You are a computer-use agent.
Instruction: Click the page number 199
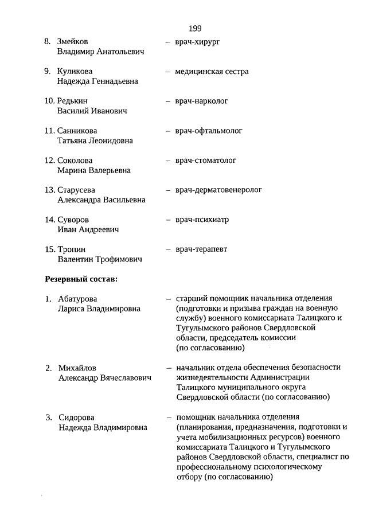(x=194, y=28)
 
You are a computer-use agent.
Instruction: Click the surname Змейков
(x=73, y=42)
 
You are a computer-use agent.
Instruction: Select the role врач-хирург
(x=198, y=42)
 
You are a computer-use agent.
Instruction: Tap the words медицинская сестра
(x=212, y=72)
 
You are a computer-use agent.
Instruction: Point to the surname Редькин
(x=73, y=101)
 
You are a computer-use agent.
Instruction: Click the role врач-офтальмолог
(x=209, y=131)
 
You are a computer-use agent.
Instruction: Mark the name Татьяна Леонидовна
(x=95, y=141)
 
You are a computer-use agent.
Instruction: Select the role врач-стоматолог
(x=206, y=161)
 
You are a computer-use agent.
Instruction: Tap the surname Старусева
(x=77, y=190)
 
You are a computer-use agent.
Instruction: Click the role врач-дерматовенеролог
(x=218, y=190)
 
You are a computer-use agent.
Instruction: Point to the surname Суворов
(x=73, y=220)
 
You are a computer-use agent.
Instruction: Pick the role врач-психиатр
(x=202, y=220)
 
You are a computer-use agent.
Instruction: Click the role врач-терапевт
(x=201, y=249)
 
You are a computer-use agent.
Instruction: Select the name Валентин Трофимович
(x=100, y=259)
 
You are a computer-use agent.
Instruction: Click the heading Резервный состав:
(x=81, y=279)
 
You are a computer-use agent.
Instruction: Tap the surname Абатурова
(x=78, y=299)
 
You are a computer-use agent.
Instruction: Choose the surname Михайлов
(x=77, y=368)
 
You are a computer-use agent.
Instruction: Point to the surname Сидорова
(x=76, y=417)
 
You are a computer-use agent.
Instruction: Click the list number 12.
(x=50, y=161)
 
